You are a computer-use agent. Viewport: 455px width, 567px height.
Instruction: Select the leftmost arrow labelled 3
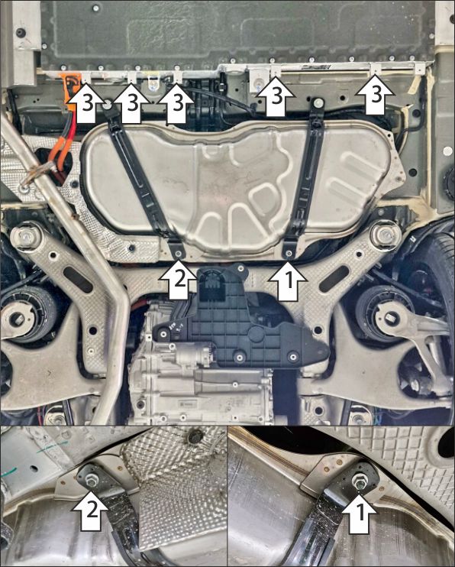click(x=87, y=103)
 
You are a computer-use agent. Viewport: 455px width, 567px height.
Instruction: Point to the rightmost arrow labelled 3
click(x=375, y=95)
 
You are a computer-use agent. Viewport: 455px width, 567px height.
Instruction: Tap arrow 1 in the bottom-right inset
click(x=360, y=513)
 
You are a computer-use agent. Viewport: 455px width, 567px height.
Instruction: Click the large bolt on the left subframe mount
click(x=26, y=237)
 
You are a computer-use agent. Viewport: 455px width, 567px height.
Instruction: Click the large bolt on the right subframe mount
click(x=385, y=235)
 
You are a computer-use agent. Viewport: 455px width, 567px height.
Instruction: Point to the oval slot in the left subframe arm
click(x=78, y=280)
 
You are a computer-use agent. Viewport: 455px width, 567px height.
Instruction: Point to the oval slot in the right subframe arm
click(x=334, y=279)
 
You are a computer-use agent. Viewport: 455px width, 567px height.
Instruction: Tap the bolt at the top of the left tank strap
click(x=107, y=105)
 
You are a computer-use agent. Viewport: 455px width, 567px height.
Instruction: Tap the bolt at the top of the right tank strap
click(x=318, y=102)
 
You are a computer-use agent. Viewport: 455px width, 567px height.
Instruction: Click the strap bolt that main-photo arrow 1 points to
click(x=289, y=254)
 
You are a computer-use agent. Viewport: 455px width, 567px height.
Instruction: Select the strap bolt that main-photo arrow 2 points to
click(x=178, y=254)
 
